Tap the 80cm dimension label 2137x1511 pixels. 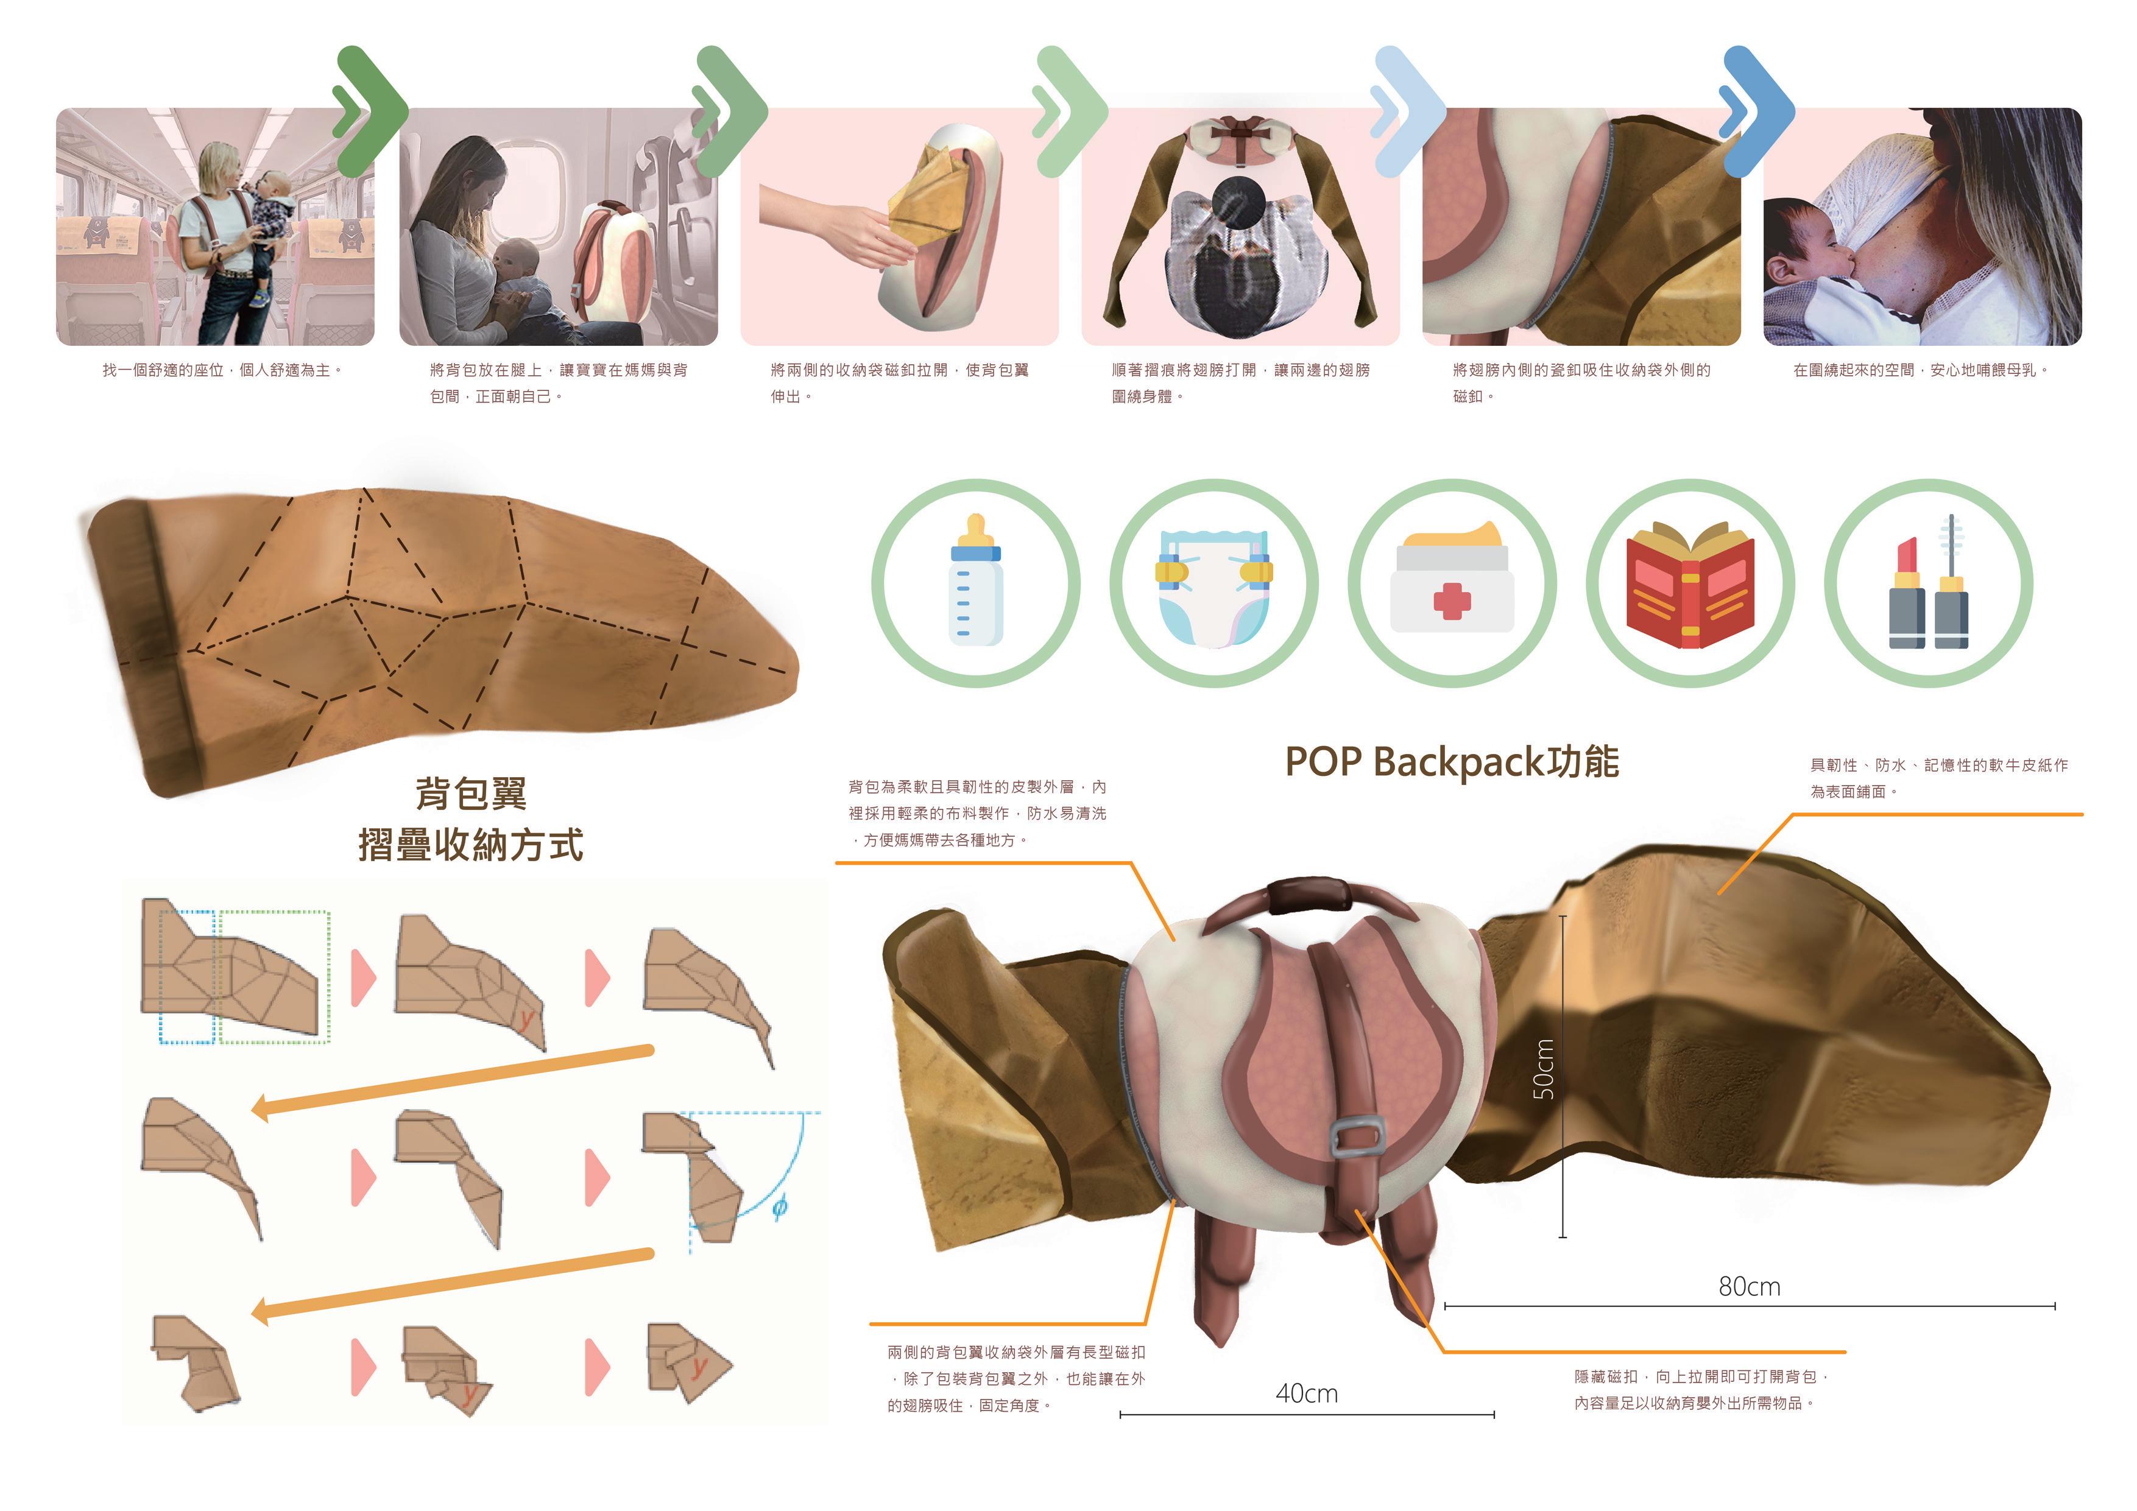[x=1749, y=1287]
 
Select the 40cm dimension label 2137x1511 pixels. [x=1307, y=1393]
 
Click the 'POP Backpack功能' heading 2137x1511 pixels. [x=1451, y=762]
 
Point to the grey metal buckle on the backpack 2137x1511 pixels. [x=1357, y=1136]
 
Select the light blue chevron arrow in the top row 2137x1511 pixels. [x=1408, y=111]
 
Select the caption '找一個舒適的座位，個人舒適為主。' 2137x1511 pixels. [x=222, y=370]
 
